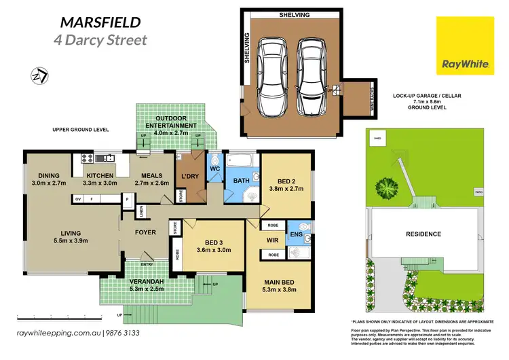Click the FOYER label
point(145,232)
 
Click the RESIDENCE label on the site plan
point(423,234)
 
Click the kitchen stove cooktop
point(87,158)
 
